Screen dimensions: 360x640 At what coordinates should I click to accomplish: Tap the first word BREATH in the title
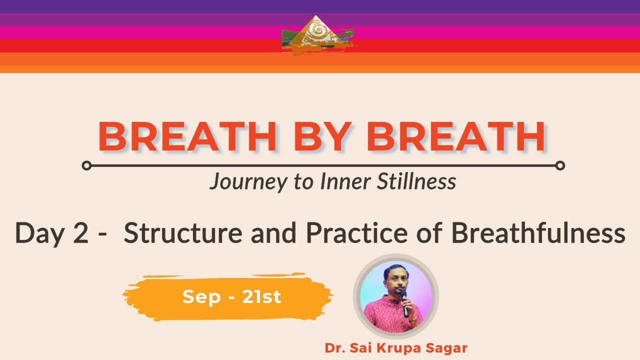click(x=187, y=137)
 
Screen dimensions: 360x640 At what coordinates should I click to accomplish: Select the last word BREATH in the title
click(x=456, y=137)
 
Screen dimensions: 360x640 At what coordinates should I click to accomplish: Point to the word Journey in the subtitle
click(x=248, y=182)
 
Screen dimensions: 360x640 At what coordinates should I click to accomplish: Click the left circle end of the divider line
click(x=86, y=165)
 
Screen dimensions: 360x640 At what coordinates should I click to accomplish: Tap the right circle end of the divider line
click(x=560, y=165)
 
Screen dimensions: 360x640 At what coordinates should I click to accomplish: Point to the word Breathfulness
click(x=538, y=233)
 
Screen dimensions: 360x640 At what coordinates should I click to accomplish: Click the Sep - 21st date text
click(x=231, y=297)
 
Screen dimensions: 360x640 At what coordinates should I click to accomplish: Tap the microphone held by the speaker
click(x=404, y=302)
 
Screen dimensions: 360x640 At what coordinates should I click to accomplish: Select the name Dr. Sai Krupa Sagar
click(x=396, y=348)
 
